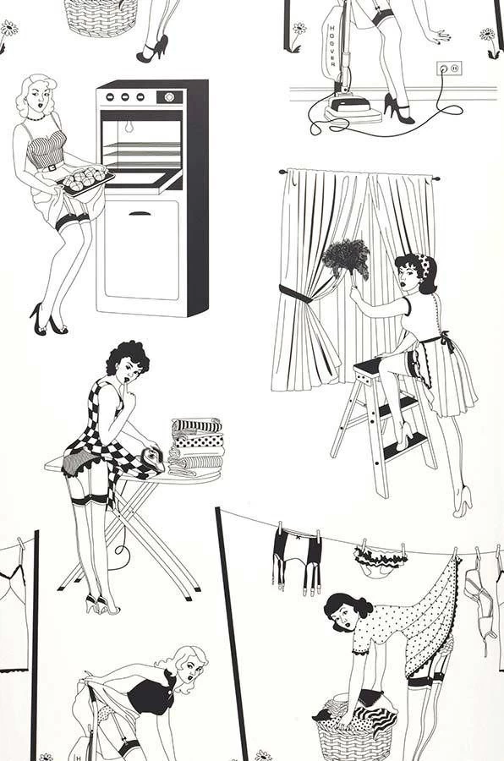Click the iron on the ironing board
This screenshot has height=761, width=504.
pos(152,457)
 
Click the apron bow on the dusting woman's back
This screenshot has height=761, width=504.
pos(439,343)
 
